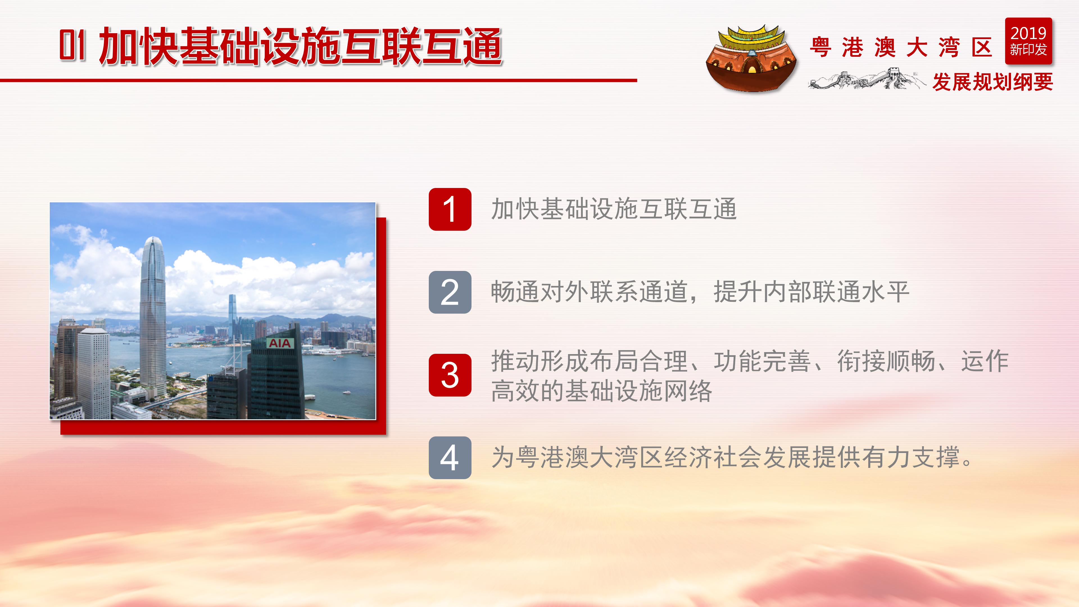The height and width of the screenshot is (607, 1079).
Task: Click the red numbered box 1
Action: click(x=450, y=209)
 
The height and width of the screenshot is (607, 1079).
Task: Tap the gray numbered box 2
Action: click(x=450, y=292)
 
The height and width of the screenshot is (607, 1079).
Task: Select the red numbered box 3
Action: click(x=450, y=375)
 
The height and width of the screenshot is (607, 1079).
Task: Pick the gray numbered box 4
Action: click(x=450, y=457)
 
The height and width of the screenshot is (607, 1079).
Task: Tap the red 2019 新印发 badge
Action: click(x=1028, y=41)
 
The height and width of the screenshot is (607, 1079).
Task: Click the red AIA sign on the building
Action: click(x=279, y=343)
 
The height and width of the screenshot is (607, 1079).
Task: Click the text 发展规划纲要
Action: click(x=992, y=82)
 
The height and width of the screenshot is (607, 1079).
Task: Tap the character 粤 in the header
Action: click(x=820, y=47)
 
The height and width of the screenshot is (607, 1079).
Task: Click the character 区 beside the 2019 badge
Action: click(x=981, y=47)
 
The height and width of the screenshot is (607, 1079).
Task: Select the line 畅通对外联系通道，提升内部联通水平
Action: click(x=699, y=292)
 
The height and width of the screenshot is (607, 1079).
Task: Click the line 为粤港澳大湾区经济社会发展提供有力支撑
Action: click(x=731, y=457)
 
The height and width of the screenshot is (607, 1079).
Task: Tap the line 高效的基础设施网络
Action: click(x=601, y=391)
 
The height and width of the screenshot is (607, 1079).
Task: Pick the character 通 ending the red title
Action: click(x=482, y=46)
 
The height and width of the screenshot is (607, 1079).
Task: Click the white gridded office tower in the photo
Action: click(x=93, y=373)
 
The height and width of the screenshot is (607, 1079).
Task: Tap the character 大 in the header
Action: click(x=917, y=47)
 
